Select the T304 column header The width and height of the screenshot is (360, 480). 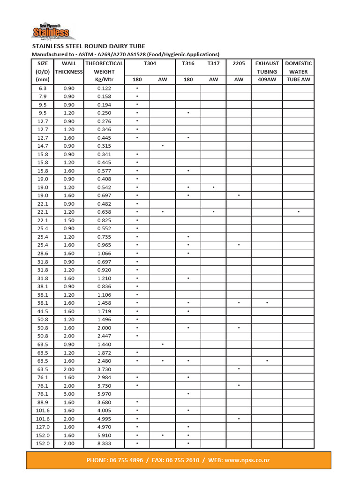pyautogui.click(x=150, y=63)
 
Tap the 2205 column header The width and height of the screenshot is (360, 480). pyautogui.click(x=239, y=63)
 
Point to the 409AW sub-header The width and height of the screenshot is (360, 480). pyautogui.click(x=267, y=80)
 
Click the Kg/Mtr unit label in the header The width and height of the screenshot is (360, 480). pyautogui.click(x=104, y=80)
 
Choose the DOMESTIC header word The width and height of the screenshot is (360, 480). pyautogui.click(x=298, y=63)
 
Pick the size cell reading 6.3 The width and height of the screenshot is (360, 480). pyautogui.click(x=42, y=88)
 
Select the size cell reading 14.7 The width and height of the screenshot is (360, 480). pyautogui.click(x=42, y=146)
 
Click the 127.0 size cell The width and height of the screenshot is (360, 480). pyautogui.click(x=42, y=427)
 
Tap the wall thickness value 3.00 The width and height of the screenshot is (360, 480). pyautogui.click(x=69, y=394)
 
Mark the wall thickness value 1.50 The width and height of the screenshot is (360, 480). pyautogui.click(x=69, y=220)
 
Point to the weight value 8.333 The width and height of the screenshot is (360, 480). pyautogui.click(x=104, y=443)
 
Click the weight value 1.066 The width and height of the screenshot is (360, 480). pyautogui.click(x=104, y=254)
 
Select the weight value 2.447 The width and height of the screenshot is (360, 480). pyautogui.click(x=104, y=336)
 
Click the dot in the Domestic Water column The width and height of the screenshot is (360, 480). pyautogui.click(x=298, y=212)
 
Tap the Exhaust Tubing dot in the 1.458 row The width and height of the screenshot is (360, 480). pyautogui.click(x=267, y=303)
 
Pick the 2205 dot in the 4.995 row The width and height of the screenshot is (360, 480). pyautogui.click(x=239, y=419)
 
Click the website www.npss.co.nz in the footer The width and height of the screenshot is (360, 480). pyautogui.click(x=247, y=460)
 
